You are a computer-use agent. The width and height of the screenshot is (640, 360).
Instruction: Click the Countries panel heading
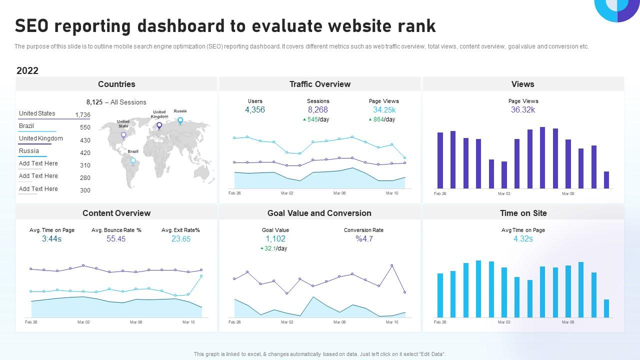(116, 84)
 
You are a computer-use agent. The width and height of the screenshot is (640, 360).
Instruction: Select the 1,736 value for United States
(82, 115)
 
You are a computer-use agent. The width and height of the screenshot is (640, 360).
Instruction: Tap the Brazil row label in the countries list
(26, 126)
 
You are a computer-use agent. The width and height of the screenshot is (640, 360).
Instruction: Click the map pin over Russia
(180, 120)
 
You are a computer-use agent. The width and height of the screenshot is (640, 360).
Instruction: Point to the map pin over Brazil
(133, 161)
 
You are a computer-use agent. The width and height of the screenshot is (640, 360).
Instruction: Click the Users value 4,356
(255, 110)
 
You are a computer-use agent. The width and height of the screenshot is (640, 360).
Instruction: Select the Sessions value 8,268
(318, 110)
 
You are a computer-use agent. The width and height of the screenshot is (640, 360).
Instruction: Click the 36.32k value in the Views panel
(523, 110)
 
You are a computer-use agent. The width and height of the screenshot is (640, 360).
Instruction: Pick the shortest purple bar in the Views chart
(606, 180)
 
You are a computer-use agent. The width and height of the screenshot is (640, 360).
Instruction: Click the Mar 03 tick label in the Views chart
(504, 193)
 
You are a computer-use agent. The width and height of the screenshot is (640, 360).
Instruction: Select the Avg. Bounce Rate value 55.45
(116, 239)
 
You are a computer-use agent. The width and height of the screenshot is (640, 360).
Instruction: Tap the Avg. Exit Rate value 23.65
(181, 239)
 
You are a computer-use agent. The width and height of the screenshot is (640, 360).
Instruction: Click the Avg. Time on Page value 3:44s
(52, 239)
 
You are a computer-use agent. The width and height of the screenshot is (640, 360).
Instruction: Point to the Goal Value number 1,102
(275, 239)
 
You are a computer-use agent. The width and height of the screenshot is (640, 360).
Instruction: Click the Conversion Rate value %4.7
(364, 239)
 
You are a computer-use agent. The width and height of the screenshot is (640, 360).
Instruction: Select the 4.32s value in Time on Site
(523, 239)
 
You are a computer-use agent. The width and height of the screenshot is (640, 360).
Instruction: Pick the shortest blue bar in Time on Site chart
(606, 308)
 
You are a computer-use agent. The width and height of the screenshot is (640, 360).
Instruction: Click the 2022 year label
(27, 70)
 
